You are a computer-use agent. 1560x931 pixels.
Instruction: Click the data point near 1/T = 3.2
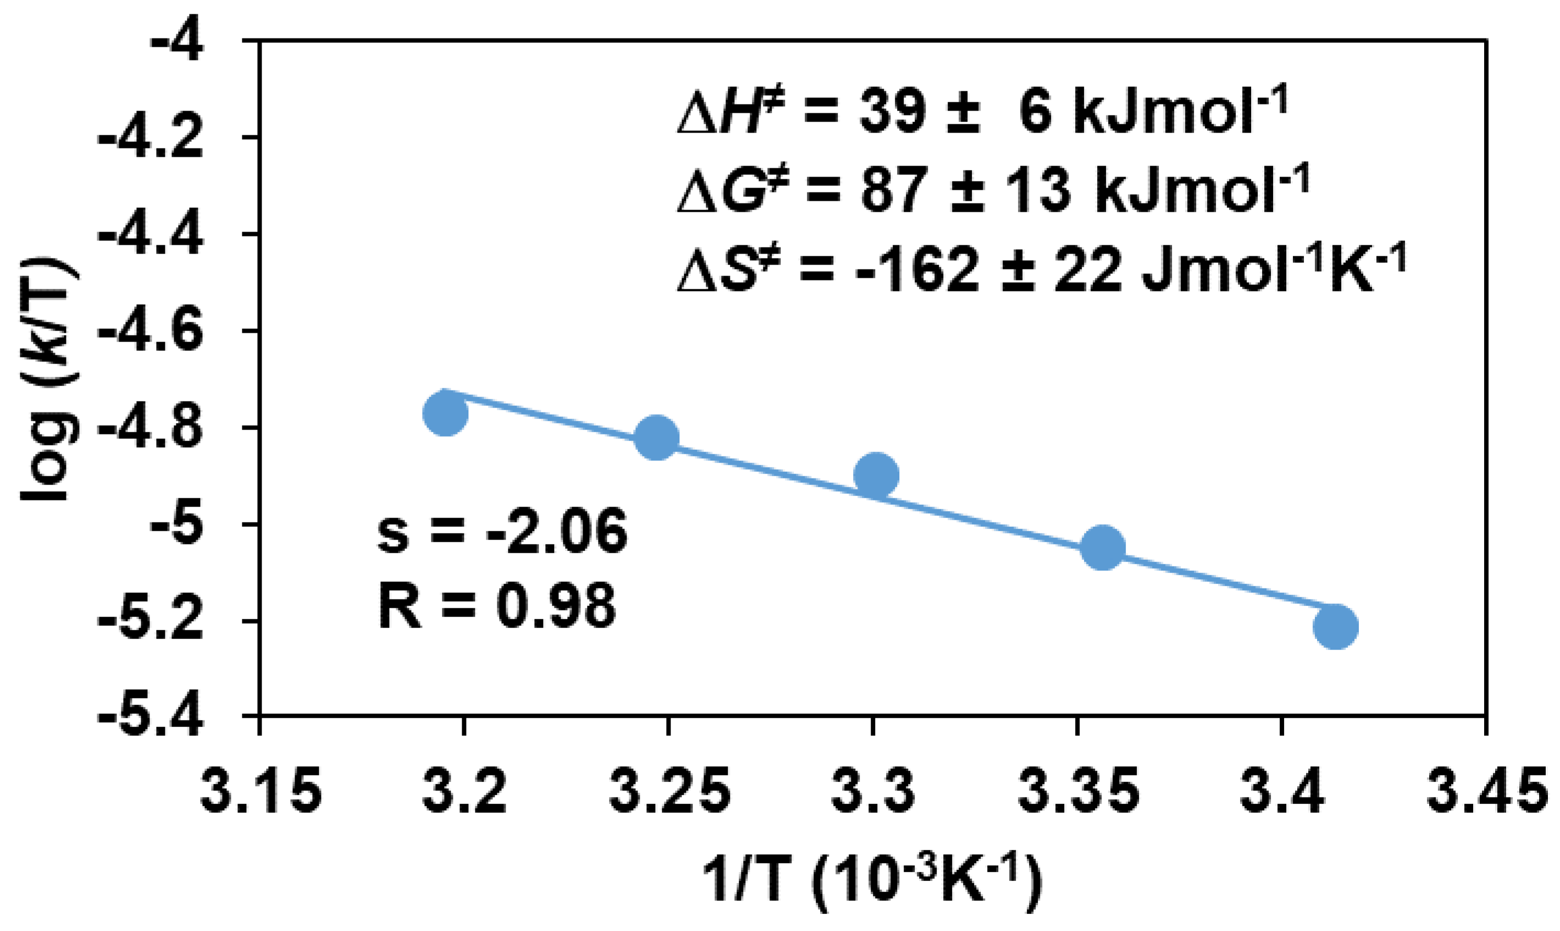click(x=445, y=413)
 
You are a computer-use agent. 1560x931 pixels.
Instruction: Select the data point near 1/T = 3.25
click(x=656, y=437)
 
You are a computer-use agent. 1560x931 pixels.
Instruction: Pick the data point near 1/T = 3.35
click(x=1103, y=547)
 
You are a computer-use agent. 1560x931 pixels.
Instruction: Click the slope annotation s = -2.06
click(x=502, y=531)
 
